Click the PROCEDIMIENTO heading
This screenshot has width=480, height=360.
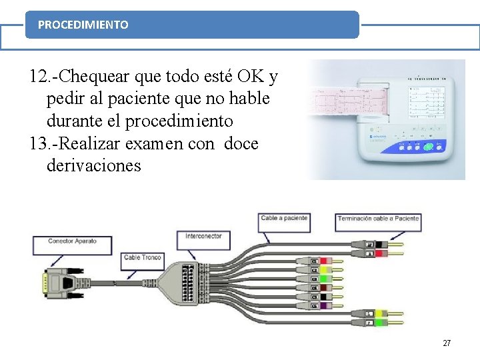pyautogui.click(x=83, y=25)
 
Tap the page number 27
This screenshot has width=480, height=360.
pyautogui.click(x=447, y=343)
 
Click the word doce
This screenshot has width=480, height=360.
pyautogui.click(x=241, y=143)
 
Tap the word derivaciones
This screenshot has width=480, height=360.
pyautogui.click(x=94, y=165)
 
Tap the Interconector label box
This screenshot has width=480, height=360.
pyautogui.click(x=203, y=236)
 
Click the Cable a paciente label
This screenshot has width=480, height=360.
pyautogui.click(x=284, y=218)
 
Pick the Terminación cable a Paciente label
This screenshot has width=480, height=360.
pyautogui.click(x=378, y=218)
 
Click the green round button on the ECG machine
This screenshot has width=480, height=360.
pyautogui.click(x=429, y=147)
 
